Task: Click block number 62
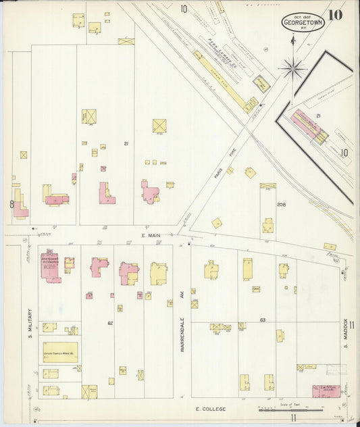point(109,324)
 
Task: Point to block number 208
point(281,204)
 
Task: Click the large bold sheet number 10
point(336,14)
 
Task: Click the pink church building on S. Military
point(50,267)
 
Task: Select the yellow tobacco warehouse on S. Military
point(60,352)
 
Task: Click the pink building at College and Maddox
point(325,391)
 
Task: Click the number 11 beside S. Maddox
point(351,325)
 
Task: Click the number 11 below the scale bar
point(293,418)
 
